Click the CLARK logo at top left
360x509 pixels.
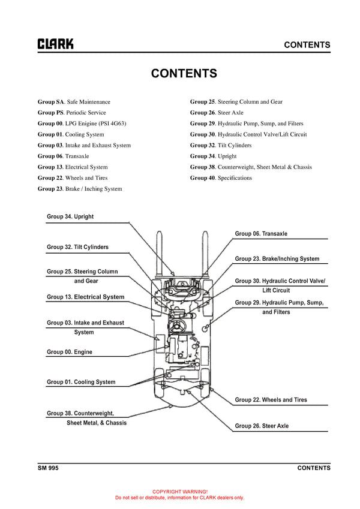pos(56,44)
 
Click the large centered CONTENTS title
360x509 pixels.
pos(184,74)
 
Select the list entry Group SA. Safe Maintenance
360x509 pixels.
pos(74,102)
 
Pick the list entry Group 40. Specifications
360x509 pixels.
pos(221,178)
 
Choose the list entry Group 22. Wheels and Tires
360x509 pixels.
pos(73,178)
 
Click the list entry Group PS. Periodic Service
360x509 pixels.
pos(71,113)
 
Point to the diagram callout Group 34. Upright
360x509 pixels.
pos(70,216)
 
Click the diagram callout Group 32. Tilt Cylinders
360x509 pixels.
pos(77,247)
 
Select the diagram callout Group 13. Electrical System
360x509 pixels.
pos(85,297)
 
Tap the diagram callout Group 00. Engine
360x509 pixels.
pos(70,352)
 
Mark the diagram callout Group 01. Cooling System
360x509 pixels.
pos(81,382)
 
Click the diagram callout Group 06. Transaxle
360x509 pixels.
pos(260,234)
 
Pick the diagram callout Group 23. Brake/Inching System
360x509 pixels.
pos(277,259)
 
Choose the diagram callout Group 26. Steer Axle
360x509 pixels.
pos(262,426)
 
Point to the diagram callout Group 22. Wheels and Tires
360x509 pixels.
pos(271,400)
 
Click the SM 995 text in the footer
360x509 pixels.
pos(48,468)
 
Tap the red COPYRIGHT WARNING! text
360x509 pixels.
pos(180,491)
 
